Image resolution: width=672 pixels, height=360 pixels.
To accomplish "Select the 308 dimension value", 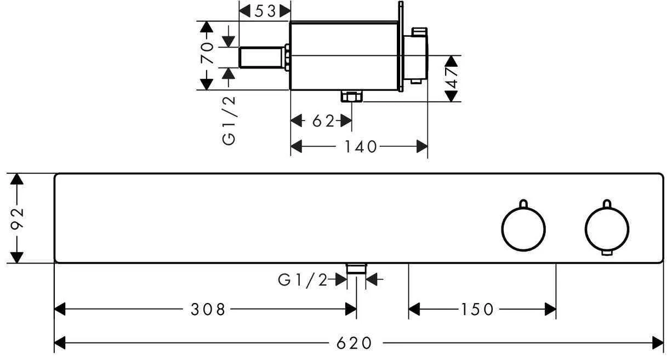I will click(x=208, y=310).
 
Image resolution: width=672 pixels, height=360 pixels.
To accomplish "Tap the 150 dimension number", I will click(x=477, y=310).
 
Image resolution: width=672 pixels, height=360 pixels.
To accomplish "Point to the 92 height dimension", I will click(x=18, y=218).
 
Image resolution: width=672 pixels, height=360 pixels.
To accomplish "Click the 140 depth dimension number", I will click(x=361, y=146).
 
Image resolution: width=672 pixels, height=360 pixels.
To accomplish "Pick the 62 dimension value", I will click(x=323, y=121).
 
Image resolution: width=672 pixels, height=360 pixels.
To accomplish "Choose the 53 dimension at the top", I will click(x=265, y=10).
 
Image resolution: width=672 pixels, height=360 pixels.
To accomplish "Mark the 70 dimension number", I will click(x=207, y=54).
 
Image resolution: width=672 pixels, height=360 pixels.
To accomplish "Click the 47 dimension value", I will click(x=451, y=78).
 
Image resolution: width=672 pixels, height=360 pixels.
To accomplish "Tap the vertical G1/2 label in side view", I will click(x=229, y=119).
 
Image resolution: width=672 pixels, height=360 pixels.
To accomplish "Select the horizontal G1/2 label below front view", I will click(x=303, y=281).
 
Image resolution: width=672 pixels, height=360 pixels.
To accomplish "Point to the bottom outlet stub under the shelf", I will click(x=357, y=268).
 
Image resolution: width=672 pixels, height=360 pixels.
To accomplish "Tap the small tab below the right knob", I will click(x=607, y=253).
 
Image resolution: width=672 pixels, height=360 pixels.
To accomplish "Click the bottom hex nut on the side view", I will click(x=351, y=96).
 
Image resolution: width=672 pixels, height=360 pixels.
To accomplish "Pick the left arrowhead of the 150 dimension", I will click(x=415, y=310).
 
